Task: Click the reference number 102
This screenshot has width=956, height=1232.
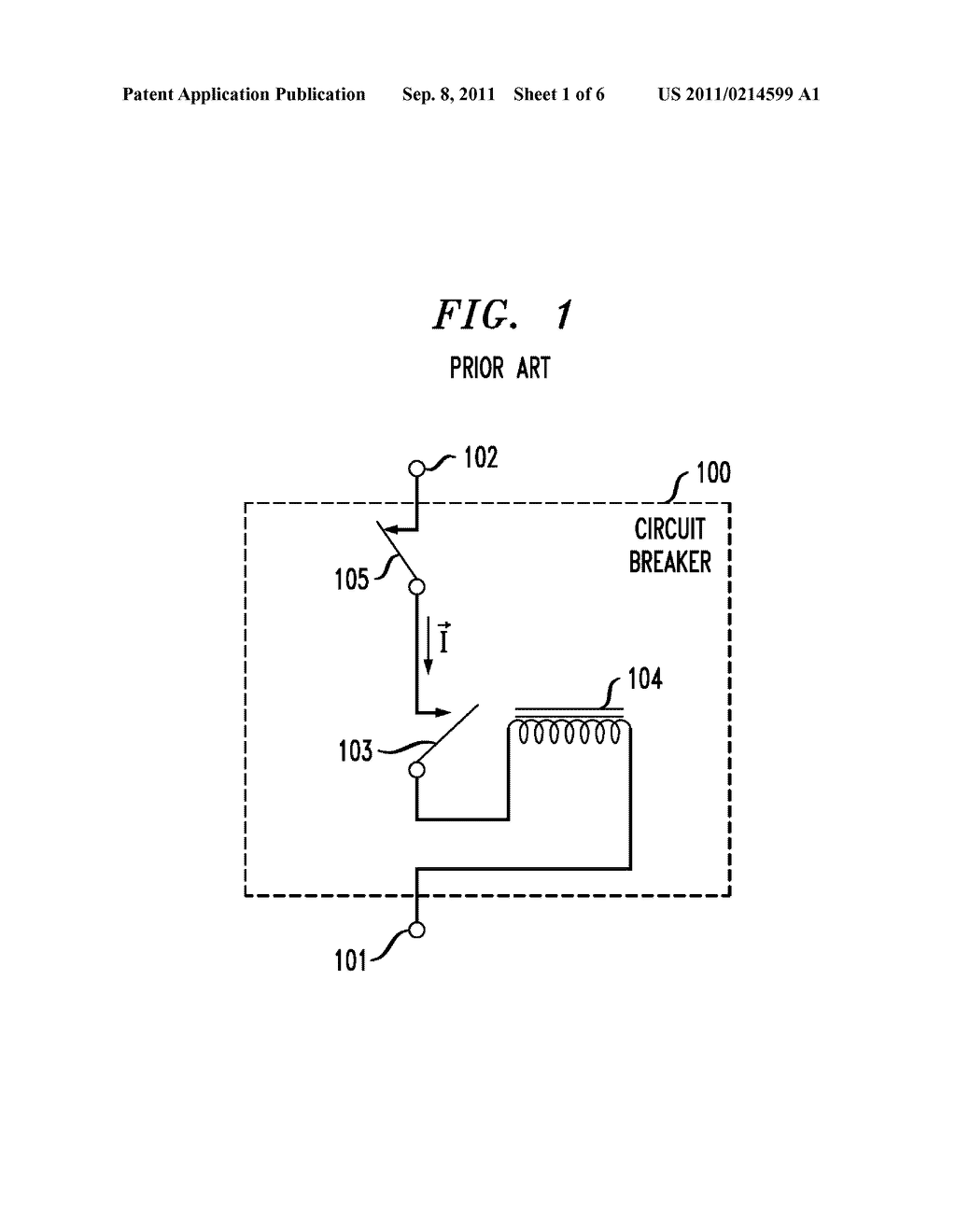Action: pos(481,457)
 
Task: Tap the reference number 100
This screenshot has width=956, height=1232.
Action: pos(713,472)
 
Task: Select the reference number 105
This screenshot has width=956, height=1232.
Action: pos(352,580)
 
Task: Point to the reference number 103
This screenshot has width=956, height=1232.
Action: pos(356,751)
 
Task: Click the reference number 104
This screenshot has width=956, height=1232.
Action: pos(645,679)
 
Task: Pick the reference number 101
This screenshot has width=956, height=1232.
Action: pos(350,960)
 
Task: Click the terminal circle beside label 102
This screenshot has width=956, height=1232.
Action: pos(416,469)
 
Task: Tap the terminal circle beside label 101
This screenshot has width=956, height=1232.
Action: pos(416,931)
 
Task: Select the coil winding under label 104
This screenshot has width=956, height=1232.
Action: pos(569,732)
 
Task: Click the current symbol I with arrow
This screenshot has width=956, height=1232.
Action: pos(444,637)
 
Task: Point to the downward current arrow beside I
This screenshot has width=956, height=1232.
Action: pos(429,645)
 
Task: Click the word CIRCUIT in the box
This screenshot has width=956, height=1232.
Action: pos(669,529)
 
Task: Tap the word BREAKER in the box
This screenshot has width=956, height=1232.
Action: pos(669,562)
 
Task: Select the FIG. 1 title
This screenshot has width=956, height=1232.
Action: pos(503,315)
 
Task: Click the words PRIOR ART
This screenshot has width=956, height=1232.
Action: pos(499,369)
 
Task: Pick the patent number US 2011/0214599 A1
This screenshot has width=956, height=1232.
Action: pos(738,94)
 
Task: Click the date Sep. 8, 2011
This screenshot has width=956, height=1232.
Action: pos(448,94)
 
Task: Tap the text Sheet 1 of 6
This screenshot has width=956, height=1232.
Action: pos(559,94)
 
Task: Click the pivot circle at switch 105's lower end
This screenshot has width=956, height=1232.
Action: pos(416,587)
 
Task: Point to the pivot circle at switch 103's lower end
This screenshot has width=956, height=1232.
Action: pos(416,770)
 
